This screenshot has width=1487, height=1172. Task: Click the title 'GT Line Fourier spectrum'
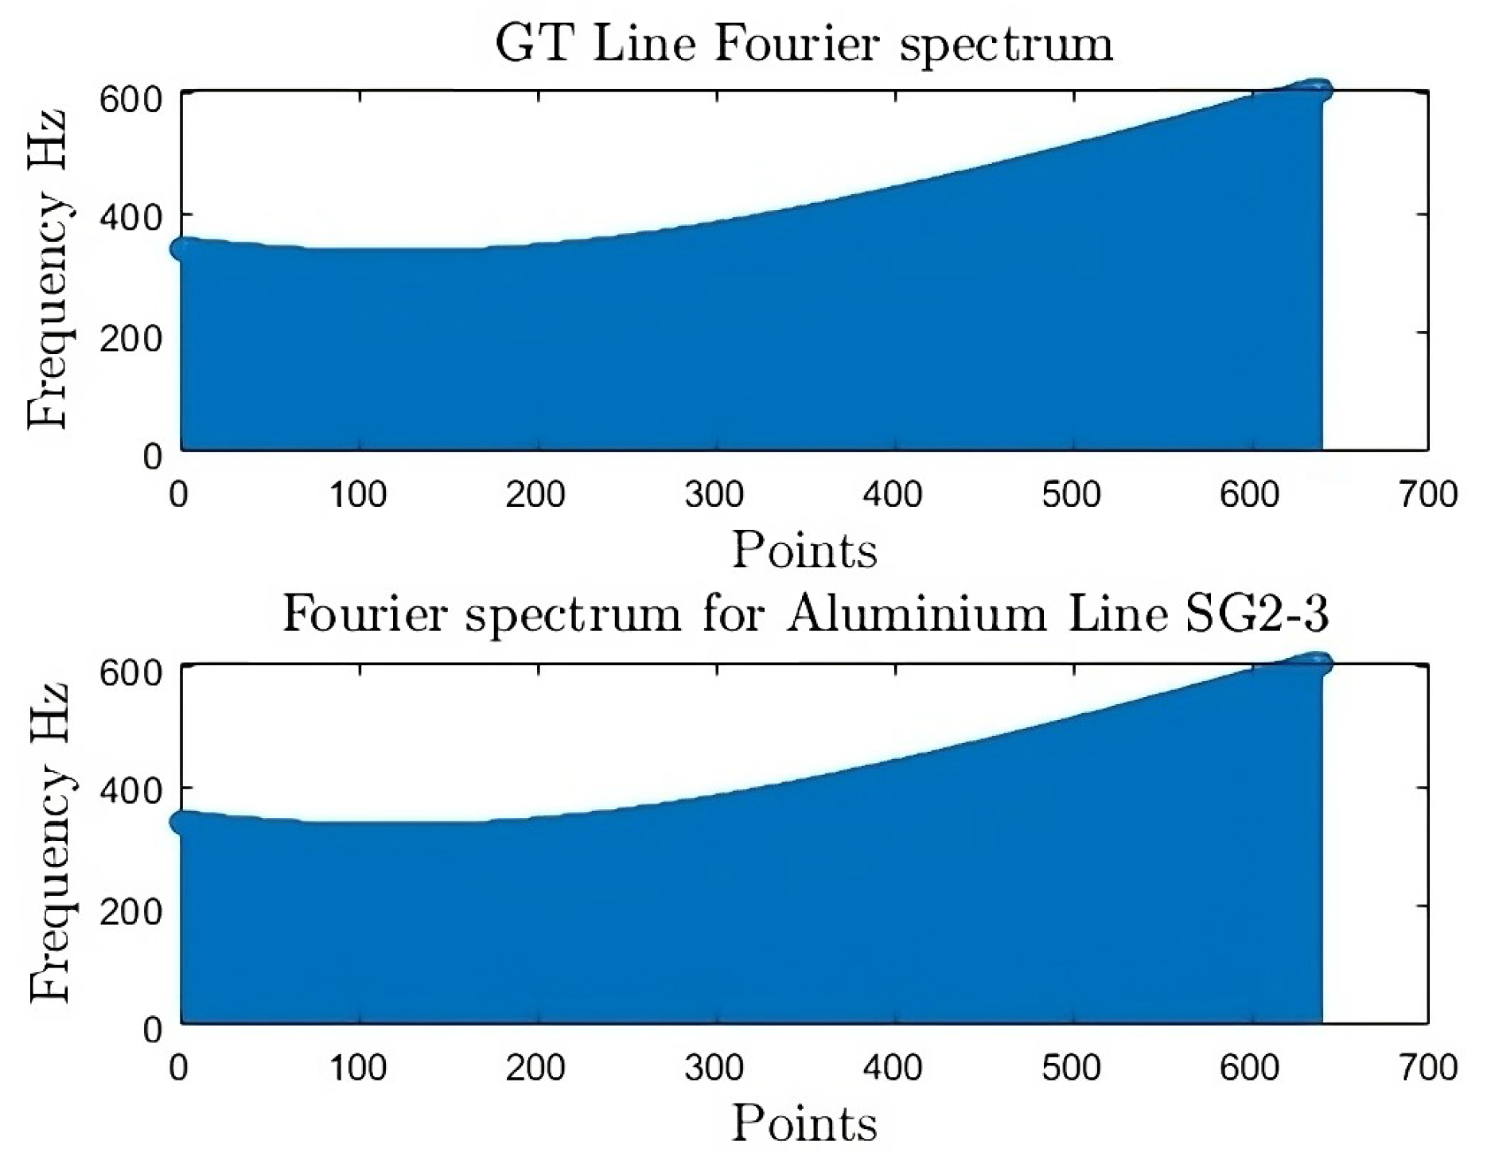(804, 44)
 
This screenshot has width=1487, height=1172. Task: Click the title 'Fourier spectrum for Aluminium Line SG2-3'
(805, 615)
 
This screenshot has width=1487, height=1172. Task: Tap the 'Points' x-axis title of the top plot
(804, 550)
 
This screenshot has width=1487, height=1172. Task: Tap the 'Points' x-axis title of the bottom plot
(804, 1123)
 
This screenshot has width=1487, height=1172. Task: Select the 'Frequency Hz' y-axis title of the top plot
(48, 271)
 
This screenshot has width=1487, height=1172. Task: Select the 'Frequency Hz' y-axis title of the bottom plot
(48, 843)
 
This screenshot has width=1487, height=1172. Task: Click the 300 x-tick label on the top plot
(714, 495)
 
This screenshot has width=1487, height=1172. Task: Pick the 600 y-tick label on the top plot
(130, 99)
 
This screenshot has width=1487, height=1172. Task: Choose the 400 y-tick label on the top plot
(130, 217)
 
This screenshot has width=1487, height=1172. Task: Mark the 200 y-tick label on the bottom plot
(130, 910)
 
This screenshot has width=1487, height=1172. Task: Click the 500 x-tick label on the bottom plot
(1071, 1068)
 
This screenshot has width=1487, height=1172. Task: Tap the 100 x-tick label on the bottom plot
(358, 1068)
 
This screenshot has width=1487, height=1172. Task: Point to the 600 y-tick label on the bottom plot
(130, 672)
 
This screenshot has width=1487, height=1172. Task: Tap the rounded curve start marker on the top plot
(184, 249)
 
